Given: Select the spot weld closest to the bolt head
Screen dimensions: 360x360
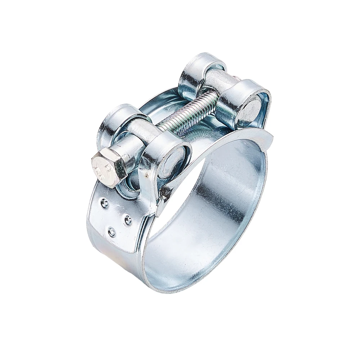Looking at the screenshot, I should (x=104, y=203).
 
